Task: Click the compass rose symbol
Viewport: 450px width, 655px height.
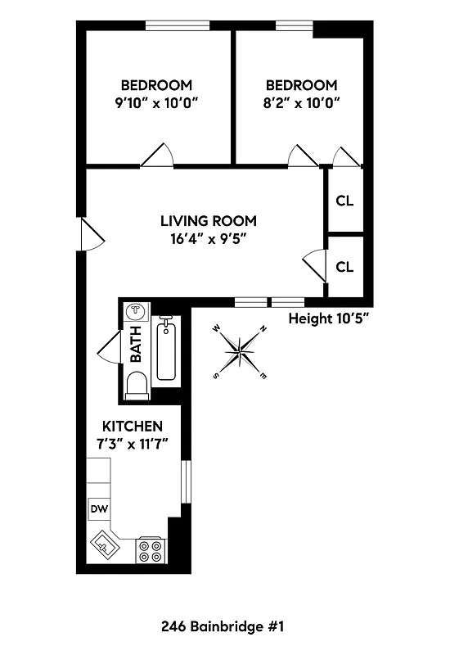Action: (241, 352)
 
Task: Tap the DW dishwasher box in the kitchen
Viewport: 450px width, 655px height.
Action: (99, 509)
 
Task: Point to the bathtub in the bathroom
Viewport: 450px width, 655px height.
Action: (166, 351)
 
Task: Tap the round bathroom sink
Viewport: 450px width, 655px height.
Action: (135, 312)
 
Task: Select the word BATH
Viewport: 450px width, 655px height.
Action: (136, 345)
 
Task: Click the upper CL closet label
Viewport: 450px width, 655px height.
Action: (344, 201)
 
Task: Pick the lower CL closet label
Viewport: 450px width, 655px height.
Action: (344, 267)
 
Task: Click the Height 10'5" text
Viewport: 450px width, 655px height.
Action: (330, 319)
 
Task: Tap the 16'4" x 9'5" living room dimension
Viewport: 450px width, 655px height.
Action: (208, 238)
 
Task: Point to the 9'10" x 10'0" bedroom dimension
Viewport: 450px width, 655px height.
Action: (156, 103)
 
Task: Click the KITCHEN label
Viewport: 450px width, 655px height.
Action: (132, 427)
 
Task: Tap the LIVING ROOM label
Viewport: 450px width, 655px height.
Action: (208, 221)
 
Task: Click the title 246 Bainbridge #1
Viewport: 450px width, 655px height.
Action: (223, 627)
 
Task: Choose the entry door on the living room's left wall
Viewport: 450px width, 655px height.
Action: (92, 235)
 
